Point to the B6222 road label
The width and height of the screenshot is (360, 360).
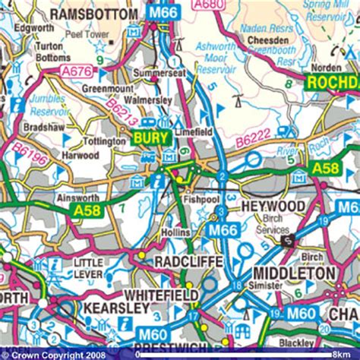point(252,141)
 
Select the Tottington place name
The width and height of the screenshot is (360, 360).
point(105,141)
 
